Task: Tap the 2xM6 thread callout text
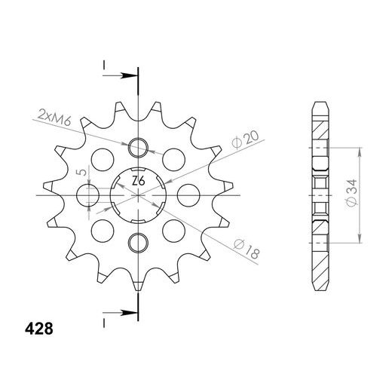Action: tap(54, 117)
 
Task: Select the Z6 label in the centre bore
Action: tap(139, 182)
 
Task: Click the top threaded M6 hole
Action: tap(139, 147)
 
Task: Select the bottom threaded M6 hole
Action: tap(139, 242)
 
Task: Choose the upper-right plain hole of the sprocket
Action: tap(173, 161)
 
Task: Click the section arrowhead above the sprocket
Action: tap(130, 75)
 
